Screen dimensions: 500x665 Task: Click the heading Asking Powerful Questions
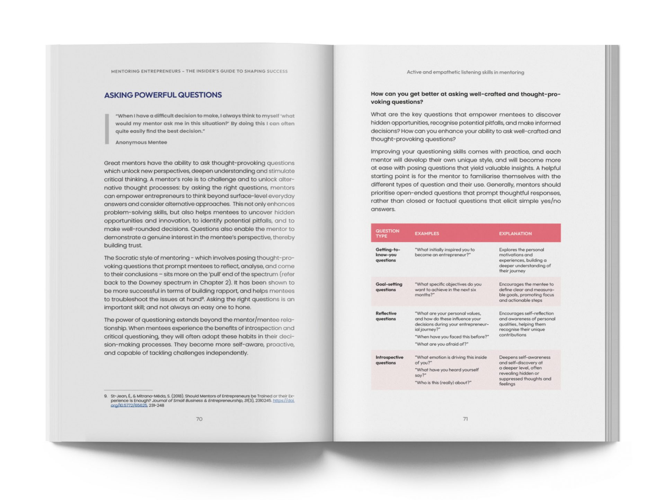pyautogui.click(x=163, y=95)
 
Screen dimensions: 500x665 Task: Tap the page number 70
pyautogui.click(x=199, y=419)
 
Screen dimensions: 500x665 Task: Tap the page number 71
pyautogui.click(x=465, y=419)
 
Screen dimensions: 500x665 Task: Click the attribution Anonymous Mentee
pyautogui.click(x=141, y=142)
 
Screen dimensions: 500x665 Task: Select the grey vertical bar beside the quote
pyautogui.click(x=107, y=128)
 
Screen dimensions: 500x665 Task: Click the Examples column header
pyautogui.click(x=427, y=233)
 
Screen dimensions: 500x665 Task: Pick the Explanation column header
pyautogui.click(x=515, y=233)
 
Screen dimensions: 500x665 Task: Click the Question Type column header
pyautogui.click(x=387, y=233)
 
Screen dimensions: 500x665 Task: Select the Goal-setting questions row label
pyautogui.click(x=389, y=287)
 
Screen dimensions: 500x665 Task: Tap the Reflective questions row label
pyautogui.click(x=386, y=316)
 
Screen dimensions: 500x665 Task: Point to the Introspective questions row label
pyautogui.click(x=389, y=360)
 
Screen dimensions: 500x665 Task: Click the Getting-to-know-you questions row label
pyautogui.click(x=388, y=255)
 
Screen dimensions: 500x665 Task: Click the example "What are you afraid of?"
pyautogui.click(x=441, y=344)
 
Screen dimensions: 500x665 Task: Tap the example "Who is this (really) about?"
pyautogui.click(x=443, y=383)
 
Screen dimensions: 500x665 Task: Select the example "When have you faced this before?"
pyautogui.click(x=452, y=337)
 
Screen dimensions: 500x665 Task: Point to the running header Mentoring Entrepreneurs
pyautogui.click(x=199, y=71)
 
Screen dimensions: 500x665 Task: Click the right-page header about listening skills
pyautogui.click(x=465, y=72)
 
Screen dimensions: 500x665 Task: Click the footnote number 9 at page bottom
pyautogui.click(x=106, y=396)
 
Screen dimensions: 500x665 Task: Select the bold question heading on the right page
pyautogui.click(x=465, y=98)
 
